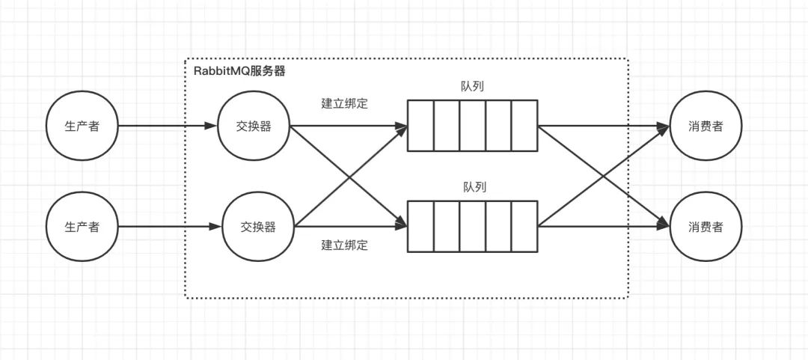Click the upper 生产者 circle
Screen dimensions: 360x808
click(82, 126)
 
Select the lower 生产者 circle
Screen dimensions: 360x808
click(82, 226)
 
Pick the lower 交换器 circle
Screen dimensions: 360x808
click(258, 226)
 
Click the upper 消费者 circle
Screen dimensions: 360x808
click(706, 126)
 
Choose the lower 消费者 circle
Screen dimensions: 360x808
click(706, 226)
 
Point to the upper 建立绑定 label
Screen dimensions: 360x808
click(344, 103)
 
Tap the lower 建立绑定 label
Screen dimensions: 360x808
click(344, 245)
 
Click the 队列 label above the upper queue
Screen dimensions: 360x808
click(472, 86)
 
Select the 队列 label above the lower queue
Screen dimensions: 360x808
click(474, 187)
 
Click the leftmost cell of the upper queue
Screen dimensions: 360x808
click(420, 126)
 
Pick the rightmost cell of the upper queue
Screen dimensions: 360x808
click(524, 126)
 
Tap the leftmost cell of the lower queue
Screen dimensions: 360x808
click(420, 226)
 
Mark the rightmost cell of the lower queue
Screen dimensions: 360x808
click(524, 226)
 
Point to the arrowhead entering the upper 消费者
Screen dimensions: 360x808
click(662, 126)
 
